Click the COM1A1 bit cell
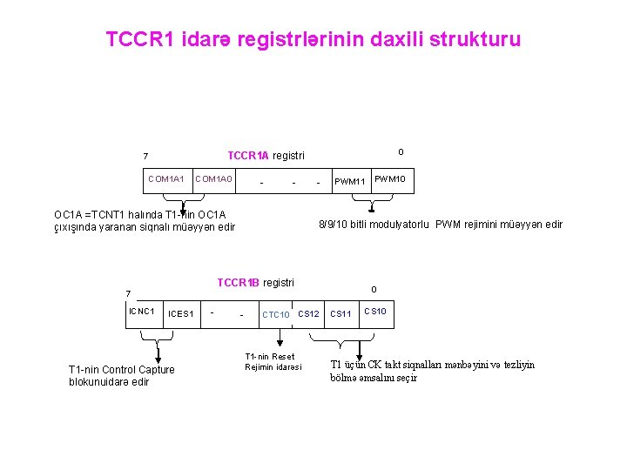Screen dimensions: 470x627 [x=166, y=178]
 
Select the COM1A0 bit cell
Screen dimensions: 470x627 [x=214, y=178]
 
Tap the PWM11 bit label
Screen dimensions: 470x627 [x=352, y=182]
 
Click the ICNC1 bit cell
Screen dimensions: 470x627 [x=141, y=311]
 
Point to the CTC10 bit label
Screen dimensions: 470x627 [x=276, y=314]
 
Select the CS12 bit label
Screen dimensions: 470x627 [x=309, y=313]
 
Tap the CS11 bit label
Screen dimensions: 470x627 [x=340, y=313]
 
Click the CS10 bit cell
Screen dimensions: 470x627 [x=376, y=311]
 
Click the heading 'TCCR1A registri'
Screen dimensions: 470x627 [x=266, y=156]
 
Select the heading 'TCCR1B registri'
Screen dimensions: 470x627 [x=255, y=282]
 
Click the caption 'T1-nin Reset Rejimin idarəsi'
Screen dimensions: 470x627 [x=269, y=361]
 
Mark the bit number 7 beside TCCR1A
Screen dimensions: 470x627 [x=145, y=157]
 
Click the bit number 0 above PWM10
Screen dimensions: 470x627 [x=400, y=152]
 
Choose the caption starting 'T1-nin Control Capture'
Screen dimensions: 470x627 [x=121, y=375]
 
